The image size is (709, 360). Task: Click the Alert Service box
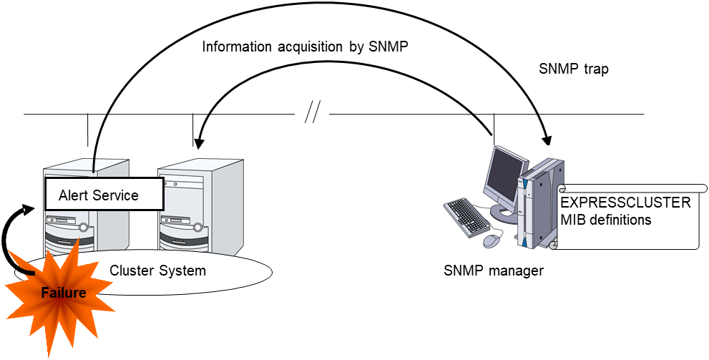coord(104,195)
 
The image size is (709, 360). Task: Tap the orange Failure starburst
coord(60,290)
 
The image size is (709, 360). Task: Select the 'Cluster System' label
coord(157,271)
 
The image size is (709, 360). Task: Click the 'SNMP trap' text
coord(573,70)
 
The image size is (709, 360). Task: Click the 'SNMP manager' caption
coord(493,271)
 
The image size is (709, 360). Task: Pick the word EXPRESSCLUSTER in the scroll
coord(626,203)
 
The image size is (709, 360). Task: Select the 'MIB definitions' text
coord(606,220)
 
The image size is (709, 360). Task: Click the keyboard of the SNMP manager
coord(468,214)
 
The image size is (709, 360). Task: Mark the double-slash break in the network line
coord(312,112)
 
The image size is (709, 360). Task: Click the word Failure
coord(63,292)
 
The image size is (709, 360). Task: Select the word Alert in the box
coord(73,195)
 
